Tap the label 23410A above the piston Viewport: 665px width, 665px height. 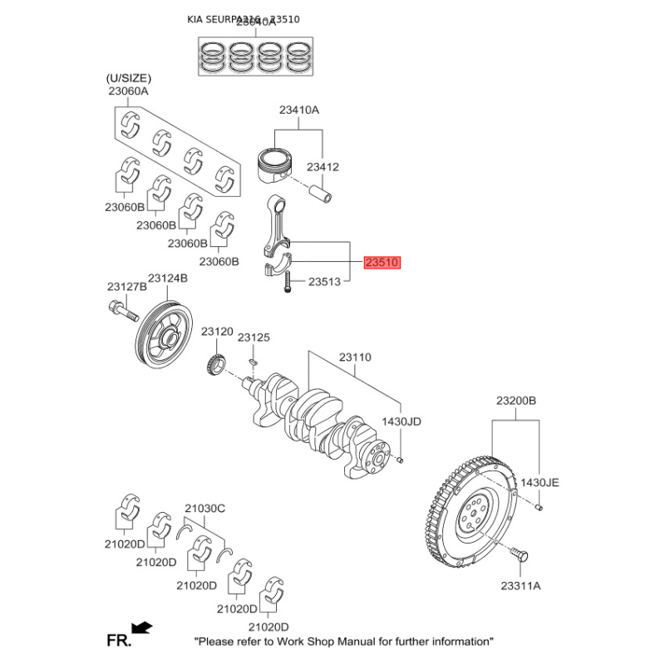pyautogui.click(x=299, y=110)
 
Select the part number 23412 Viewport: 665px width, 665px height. pyautogui.click(x=323, y=167)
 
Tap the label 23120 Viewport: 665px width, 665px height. pyautogui.click(x=219, y=332)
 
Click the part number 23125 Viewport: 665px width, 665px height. pyautogui.click(x=254, y=337)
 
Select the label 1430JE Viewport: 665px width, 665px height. pyautogui.click(x=540, y=482)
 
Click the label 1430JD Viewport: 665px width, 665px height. pyautogui.click(x=402, y=421)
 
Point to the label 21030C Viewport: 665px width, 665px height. pyautogui.click(x=204, y=507)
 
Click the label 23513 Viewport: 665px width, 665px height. pyautogui.click(x=325, y=283)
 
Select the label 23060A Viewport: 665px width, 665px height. pyautogui.click(x=127, y=91)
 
